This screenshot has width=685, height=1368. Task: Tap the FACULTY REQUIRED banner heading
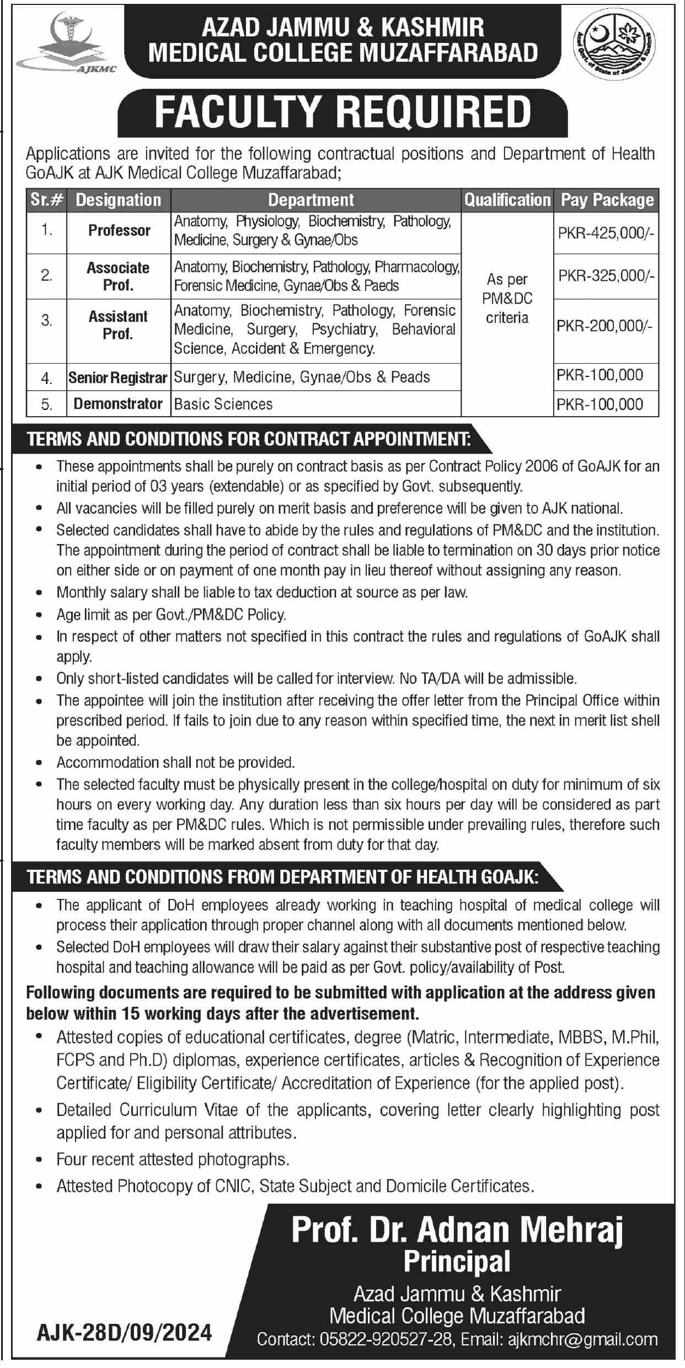(342, 112)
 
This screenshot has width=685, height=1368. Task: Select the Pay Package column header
(607, 200)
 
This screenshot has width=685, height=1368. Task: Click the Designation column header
(119, 200)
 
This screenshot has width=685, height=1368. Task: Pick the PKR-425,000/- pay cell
(606, 233)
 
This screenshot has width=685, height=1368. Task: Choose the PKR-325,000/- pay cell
(606, 276)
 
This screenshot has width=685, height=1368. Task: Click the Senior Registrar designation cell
(118, 377)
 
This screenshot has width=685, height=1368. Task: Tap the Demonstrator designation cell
(118, 404)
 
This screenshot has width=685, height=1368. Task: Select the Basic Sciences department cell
(223, 404)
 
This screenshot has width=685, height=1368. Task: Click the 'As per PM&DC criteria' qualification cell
(507, 299)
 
